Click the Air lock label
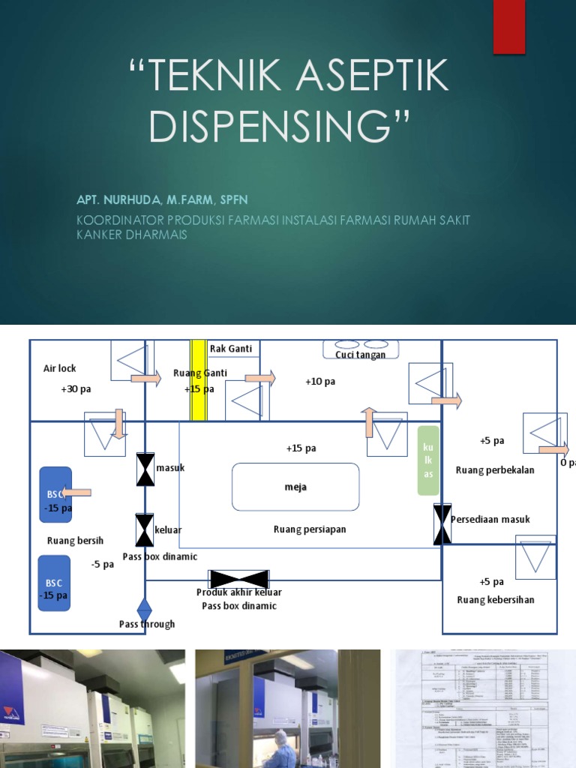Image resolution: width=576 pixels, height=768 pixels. (x=59, y=368)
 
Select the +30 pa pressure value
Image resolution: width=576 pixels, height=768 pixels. (x=76, y=390)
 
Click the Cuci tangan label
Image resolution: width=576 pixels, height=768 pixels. (x=361, y=355)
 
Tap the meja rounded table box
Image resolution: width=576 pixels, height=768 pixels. (x=295, y=487)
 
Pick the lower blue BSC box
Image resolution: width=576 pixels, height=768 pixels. (x=54, y=583)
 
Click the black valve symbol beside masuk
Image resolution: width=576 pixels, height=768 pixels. (x=145, y=469)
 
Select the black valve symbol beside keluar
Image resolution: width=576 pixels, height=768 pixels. (x=145, y=529)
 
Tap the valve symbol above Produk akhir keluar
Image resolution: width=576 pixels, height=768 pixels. (x=239, y=578)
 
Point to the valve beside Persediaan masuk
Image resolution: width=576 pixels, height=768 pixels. (x=442, y=523)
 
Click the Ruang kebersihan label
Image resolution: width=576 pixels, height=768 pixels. (x=496, y=599)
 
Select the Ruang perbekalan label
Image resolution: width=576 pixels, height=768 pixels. (x=495, y=470)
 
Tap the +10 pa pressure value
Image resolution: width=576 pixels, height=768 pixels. (x=320, y=382)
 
